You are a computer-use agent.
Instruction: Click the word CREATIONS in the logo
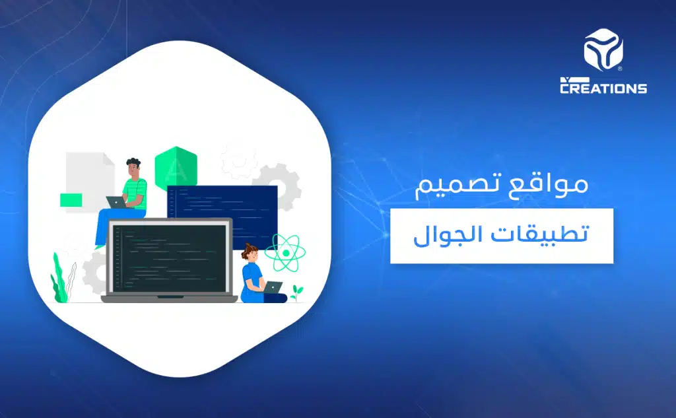pos(603,87)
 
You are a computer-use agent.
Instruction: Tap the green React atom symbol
pos(282,252)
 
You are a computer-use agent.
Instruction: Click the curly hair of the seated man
pos(133,163)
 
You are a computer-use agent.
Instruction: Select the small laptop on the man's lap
pos(116,202)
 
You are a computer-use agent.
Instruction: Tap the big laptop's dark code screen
pos(169,257)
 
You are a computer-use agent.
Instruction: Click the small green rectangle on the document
pos(71,199)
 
